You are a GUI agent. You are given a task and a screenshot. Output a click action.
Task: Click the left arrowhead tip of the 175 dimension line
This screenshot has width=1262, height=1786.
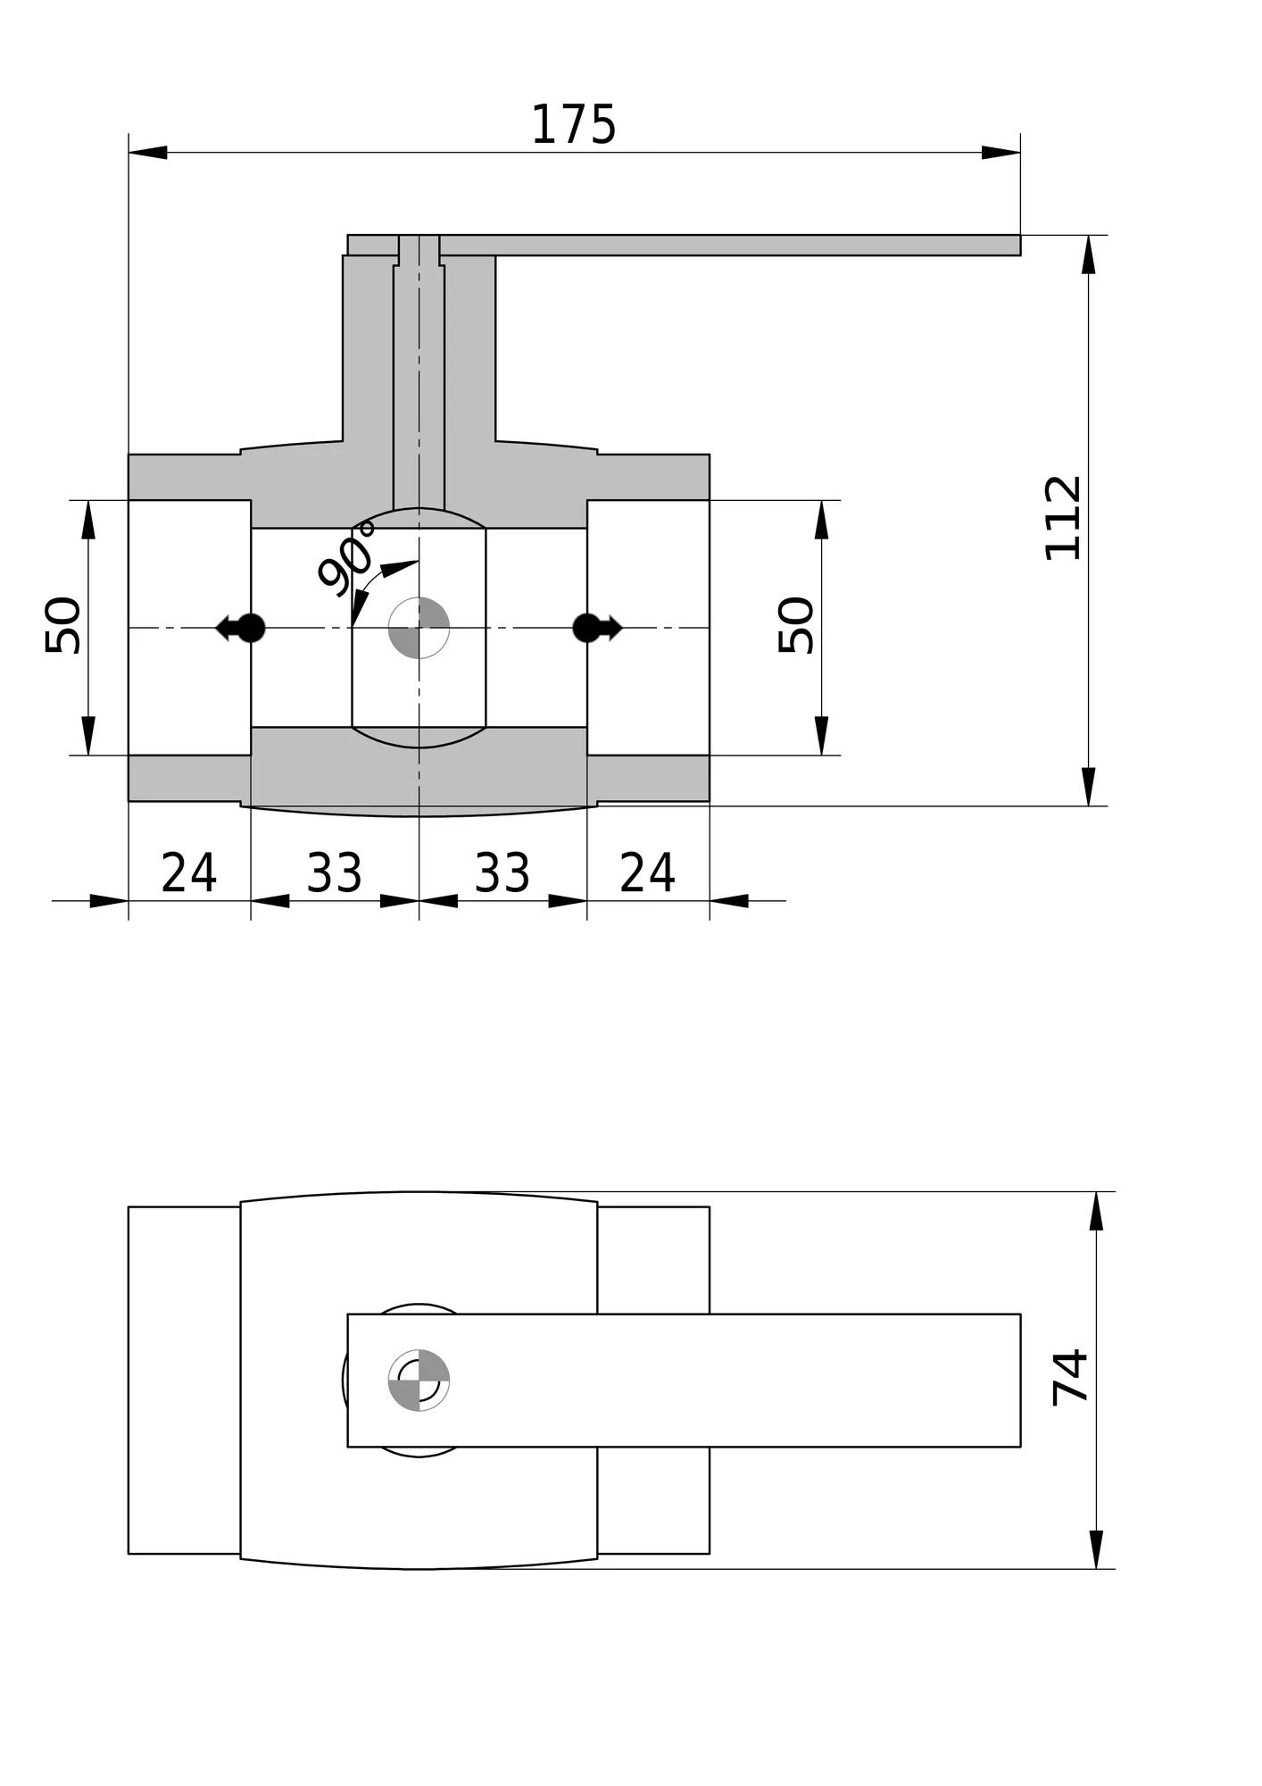tap(129, 152)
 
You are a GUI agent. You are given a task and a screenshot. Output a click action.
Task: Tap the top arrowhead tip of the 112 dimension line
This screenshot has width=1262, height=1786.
tap(1088, 235)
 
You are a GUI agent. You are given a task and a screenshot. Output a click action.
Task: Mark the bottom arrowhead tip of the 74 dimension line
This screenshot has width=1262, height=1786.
tap(1096, 1569)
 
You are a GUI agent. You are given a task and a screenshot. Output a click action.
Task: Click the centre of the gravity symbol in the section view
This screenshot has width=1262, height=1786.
tap(419, 628)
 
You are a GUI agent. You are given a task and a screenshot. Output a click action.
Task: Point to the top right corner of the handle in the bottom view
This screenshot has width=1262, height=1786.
tap(1020, 1314)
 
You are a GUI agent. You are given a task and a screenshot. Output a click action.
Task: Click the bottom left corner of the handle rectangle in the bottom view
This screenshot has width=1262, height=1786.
tap(347, 1447)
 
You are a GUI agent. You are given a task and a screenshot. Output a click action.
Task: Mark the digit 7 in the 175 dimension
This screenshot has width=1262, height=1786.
tap(573, 124)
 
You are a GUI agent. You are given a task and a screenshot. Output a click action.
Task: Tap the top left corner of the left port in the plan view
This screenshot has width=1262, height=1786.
tap(129, 1206)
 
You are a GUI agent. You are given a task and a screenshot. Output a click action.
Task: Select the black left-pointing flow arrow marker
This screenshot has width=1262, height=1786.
tap(240, 628)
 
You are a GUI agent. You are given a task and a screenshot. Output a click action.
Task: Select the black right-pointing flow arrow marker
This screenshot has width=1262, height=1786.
tap(597, 628)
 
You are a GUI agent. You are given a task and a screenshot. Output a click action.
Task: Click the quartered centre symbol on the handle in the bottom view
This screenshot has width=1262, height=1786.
tap(419, 1380)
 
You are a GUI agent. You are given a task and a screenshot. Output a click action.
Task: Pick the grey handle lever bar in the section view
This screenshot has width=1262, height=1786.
tap(684, 245)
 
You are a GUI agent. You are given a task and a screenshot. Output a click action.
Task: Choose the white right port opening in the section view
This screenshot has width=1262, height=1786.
tap(648, 628)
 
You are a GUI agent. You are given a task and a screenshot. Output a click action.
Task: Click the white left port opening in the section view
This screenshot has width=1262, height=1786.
tap(189, 628)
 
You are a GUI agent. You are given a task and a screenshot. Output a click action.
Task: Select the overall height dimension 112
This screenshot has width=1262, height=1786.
tap(1063, 519)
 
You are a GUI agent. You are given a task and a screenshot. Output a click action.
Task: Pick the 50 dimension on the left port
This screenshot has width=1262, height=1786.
tap(62, 625)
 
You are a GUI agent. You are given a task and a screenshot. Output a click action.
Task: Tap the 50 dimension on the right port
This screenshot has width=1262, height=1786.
tap(796, 625)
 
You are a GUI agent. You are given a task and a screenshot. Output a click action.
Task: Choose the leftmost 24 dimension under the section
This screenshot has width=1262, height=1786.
tap(188, 872)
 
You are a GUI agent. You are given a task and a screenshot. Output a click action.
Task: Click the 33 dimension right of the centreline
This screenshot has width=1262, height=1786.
tap(502, 872)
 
